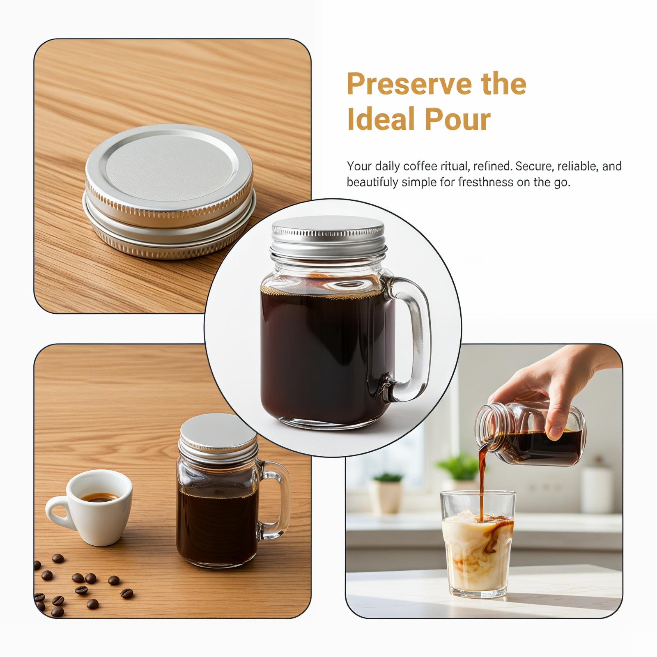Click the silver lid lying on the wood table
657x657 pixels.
point(169,192)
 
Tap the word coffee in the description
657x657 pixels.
point(416,166)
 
